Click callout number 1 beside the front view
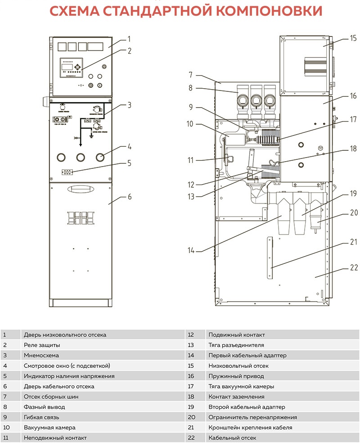[129, 39]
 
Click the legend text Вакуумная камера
[49, 427]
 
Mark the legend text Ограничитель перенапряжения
[252, 417]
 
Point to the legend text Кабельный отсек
[232, 438]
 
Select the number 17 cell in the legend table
[190, 386]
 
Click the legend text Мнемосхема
[41, 355]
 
